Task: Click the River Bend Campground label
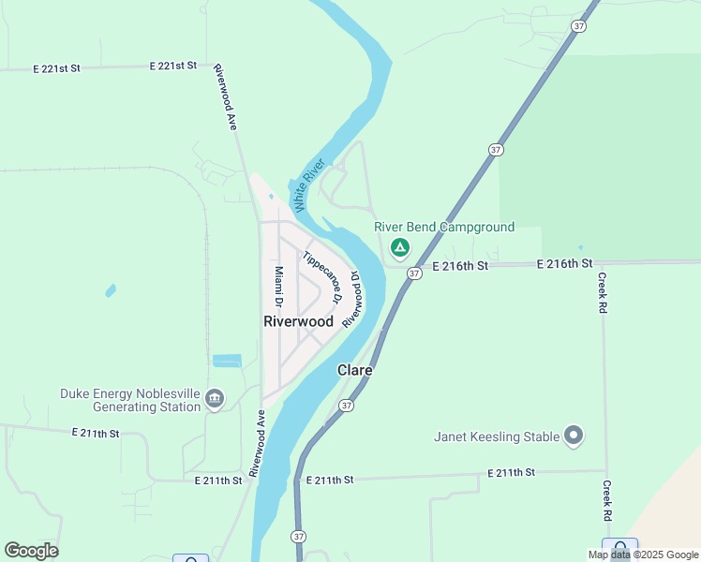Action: (444, 227)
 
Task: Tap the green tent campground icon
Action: (400, 247)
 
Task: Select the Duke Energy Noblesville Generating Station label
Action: (130, 400)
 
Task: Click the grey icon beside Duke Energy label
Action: (215, 400)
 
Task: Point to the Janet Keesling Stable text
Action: (497, 436)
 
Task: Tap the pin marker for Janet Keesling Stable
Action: (574, 436)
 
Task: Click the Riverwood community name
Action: (298, 321)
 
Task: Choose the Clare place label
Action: (355, 370)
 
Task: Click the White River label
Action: (306, 185)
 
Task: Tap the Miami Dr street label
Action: (278, 287)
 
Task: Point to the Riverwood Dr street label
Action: (351, 300)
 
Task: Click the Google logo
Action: (31, 551)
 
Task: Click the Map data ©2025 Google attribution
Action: (644, 555)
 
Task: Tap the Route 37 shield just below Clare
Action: (347, 406)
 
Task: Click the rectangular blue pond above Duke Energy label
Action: (227, 361)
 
